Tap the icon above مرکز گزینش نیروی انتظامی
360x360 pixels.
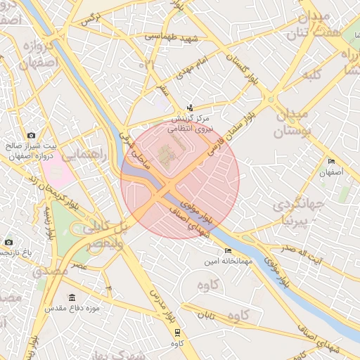tap(190, 108)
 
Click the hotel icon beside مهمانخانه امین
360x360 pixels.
tap(227, 251)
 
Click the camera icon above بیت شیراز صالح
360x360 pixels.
tap(31, 135)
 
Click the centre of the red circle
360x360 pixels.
tap(180, 179)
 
